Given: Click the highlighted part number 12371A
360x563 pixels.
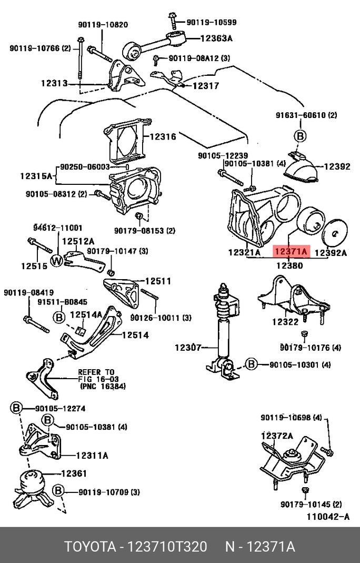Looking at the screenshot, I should (x=291, y=252).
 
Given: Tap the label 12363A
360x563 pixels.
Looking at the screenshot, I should (x=216, y=38).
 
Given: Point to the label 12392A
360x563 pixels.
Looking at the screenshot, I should (x=331, y=253).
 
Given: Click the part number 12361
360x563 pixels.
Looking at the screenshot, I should (x=74, y=473).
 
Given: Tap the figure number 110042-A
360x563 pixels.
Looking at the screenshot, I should (x=328, y=517).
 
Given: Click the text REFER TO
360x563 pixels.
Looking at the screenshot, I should (x=96, y=371).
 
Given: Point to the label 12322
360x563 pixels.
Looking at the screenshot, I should (x=285, y=321).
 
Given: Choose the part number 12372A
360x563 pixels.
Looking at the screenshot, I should (x=277, y=436).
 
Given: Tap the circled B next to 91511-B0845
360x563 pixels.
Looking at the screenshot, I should (x=59, y=317).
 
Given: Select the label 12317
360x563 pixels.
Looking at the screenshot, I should (x=205, y=86).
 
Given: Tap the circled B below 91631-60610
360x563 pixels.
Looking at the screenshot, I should (x=299, y=136).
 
